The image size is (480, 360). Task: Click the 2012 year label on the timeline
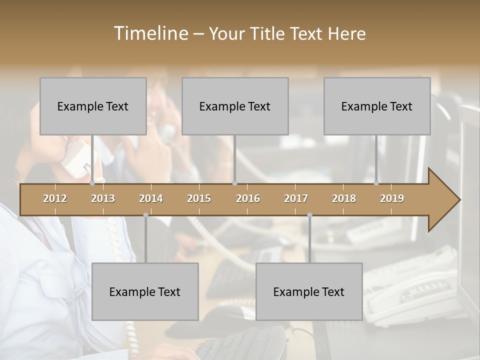[55, 198]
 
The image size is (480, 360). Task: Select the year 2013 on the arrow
[103, 198]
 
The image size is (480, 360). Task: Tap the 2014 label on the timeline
[151, 198]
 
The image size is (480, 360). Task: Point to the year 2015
[199, 198]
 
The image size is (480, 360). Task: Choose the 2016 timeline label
[248, 198]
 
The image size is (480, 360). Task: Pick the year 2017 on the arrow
[296, 198]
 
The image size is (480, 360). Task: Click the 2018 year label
[344, 198]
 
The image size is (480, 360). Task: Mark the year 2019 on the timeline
[392, 198]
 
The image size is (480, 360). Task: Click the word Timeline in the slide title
[150, 33]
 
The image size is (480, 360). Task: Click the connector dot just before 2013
[92, 183]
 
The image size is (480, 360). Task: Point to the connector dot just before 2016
[234, 183]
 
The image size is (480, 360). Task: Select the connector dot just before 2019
[376, 183]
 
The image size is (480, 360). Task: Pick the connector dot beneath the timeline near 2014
[145, 215]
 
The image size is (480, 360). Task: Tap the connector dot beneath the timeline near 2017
[309, 215]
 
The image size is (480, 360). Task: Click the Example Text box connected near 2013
[93, 106]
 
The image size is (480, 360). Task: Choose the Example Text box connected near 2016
[235, 106]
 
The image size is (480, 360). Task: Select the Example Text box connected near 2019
[377, 106]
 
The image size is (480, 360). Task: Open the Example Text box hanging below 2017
[309, 291]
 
